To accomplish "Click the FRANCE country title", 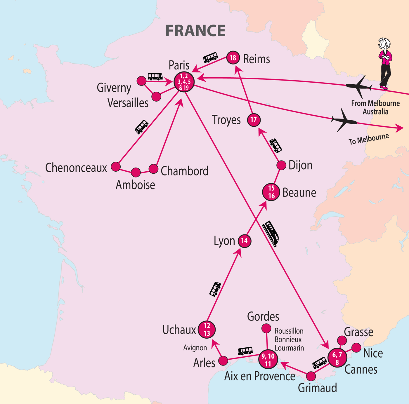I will [195, 31].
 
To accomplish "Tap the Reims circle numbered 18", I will [233, 58].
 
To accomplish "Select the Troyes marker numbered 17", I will [254, 120].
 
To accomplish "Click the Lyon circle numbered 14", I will [244, 241].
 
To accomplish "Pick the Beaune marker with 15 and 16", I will [271, 192].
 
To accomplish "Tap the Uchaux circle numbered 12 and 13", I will [207, 330].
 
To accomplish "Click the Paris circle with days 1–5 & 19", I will [184, 82].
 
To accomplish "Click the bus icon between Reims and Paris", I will [211, 57].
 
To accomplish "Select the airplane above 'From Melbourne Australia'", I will [359, 86].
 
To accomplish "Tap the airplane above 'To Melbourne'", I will [344, 120].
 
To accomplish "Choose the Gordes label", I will [263, 316].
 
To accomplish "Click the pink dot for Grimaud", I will [311, 376].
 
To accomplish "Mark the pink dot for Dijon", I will [281, 165].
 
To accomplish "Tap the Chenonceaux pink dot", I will [116, 167].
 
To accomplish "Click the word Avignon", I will [195, 348].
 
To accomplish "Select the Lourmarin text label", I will [289, 348].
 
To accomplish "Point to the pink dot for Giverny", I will [141, 81].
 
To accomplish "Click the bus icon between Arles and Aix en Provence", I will [245, 351].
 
